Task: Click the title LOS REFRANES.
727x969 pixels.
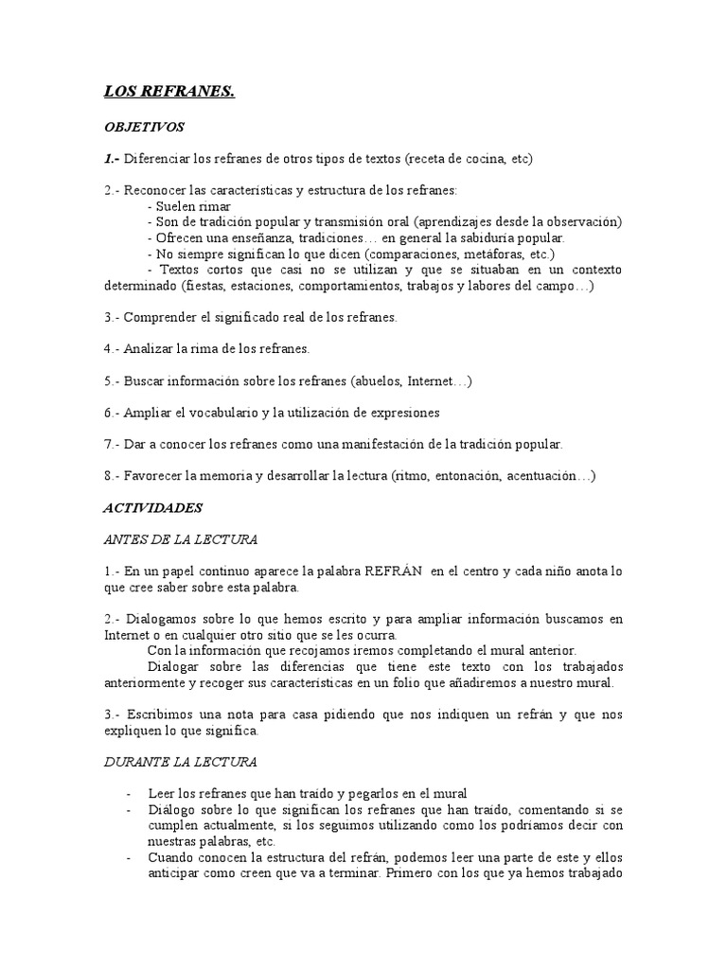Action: point(168,93)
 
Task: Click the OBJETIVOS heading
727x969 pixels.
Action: point(144,126)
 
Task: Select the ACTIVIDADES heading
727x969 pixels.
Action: point(152,507)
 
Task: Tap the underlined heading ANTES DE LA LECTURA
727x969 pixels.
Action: point(180,539)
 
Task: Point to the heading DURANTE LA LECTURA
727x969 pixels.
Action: point(180,761)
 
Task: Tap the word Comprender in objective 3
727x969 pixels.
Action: point(160,317)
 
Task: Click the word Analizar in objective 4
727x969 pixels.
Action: point(151,349)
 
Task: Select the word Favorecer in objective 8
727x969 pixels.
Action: point(154,475)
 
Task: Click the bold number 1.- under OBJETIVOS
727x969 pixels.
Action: point(112,158)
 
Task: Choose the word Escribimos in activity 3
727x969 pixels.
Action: point(163,714)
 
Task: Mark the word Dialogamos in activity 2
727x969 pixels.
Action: point(164,619)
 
